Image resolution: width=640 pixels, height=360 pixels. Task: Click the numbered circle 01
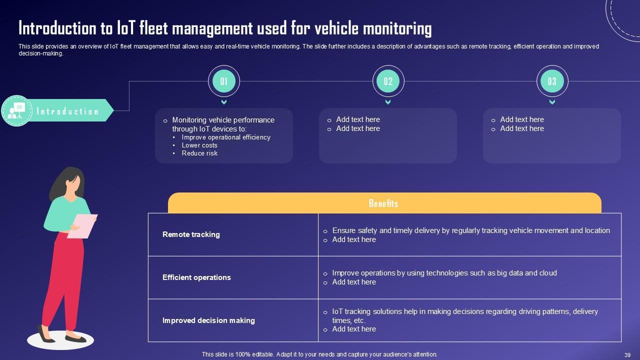(x=224, y=81)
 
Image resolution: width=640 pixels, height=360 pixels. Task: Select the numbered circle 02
(x=388, y=81)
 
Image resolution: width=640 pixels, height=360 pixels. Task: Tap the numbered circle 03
(x=552, y=81)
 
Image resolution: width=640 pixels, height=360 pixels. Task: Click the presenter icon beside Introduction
(x=17, y=110)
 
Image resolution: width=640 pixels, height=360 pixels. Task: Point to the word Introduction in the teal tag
(x=67, y=111)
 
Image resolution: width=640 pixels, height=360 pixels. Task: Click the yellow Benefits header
(x=384, y=203)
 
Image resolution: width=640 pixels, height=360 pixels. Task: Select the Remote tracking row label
(x=191, y=234)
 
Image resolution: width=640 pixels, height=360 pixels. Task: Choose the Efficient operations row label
(x=196, y=277)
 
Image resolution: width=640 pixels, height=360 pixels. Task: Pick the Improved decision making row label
(x=208, y=320)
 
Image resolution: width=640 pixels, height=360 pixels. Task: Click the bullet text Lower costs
(x=199, y=145)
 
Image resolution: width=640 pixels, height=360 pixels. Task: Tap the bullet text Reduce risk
(x=199, y=153)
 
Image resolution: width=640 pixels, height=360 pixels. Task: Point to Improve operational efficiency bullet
(x=226, y=137)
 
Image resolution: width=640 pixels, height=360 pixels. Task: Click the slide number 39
(x=627, y=354)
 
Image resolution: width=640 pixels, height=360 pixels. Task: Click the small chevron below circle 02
(x=388, y=102)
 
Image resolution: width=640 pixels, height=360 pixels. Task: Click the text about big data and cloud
(x=444, y=273)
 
